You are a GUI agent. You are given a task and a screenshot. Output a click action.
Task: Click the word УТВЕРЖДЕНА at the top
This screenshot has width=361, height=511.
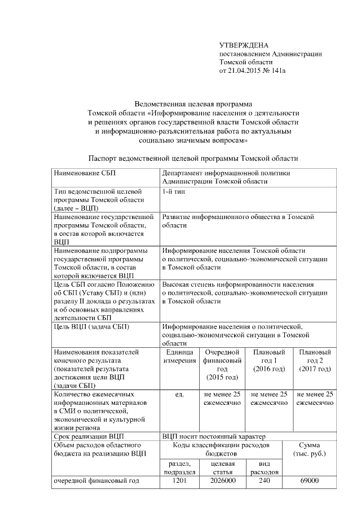pyautogui.click(x=244, y=45)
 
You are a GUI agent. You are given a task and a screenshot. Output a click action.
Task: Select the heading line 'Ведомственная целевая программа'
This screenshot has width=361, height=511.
pyautogui.click(x=193, y=104)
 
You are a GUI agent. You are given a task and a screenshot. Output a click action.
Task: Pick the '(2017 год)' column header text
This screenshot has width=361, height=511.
pyautogui.click(x=315, y=369)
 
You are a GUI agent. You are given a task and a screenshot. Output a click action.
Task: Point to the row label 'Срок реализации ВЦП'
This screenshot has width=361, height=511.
pyautogui.click(x=88, y=436)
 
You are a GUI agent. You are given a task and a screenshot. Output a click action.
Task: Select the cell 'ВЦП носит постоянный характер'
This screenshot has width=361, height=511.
pyautogui.click(x=210, y=436)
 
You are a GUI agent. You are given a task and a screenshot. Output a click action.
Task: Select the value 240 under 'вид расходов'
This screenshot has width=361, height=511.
pyautogui.click(x=263, y=481)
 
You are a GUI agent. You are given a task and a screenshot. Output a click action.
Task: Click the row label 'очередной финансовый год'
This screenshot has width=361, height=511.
pyautogui.click(x=95, y=481)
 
